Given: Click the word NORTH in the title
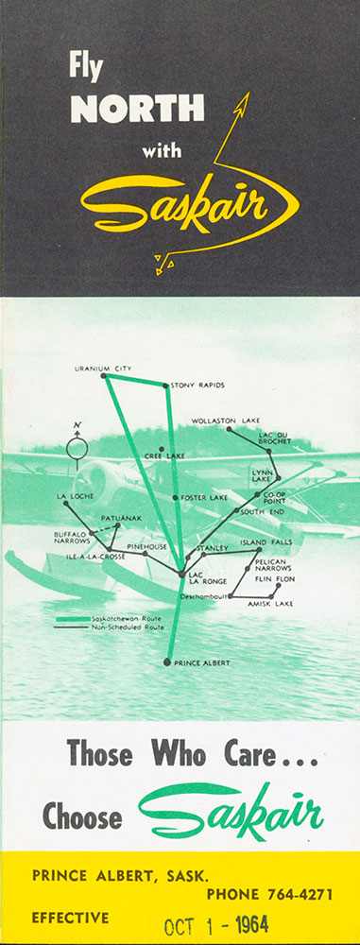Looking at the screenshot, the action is point(138,109).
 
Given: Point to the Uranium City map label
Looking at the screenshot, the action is point(102,369).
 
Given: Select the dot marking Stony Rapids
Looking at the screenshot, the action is point(166,386).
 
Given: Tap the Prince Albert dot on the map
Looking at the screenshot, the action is point(167,661).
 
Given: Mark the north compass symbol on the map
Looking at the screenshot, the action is point(77,446).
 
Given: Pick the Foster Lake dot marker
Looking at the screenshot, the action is point(175,498).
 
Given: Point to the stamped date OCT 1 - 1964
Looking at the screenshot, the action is point(216,924).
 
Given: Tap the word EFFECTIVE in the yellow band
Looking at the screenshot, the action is point(71,918).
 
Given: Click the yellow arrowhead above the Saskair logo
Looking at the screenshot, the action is point(244,101).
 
